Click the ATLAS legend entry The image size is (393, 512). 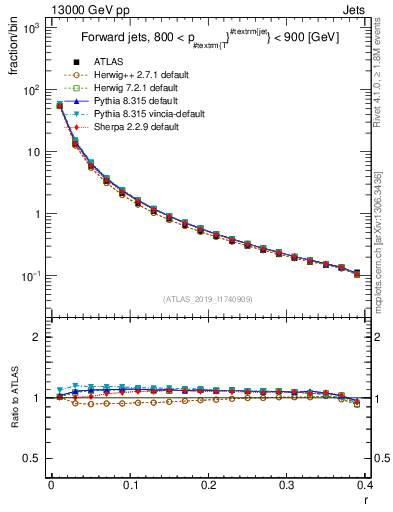point(109,63)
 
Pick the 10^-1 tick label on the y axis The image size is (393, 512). point(32,276)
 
